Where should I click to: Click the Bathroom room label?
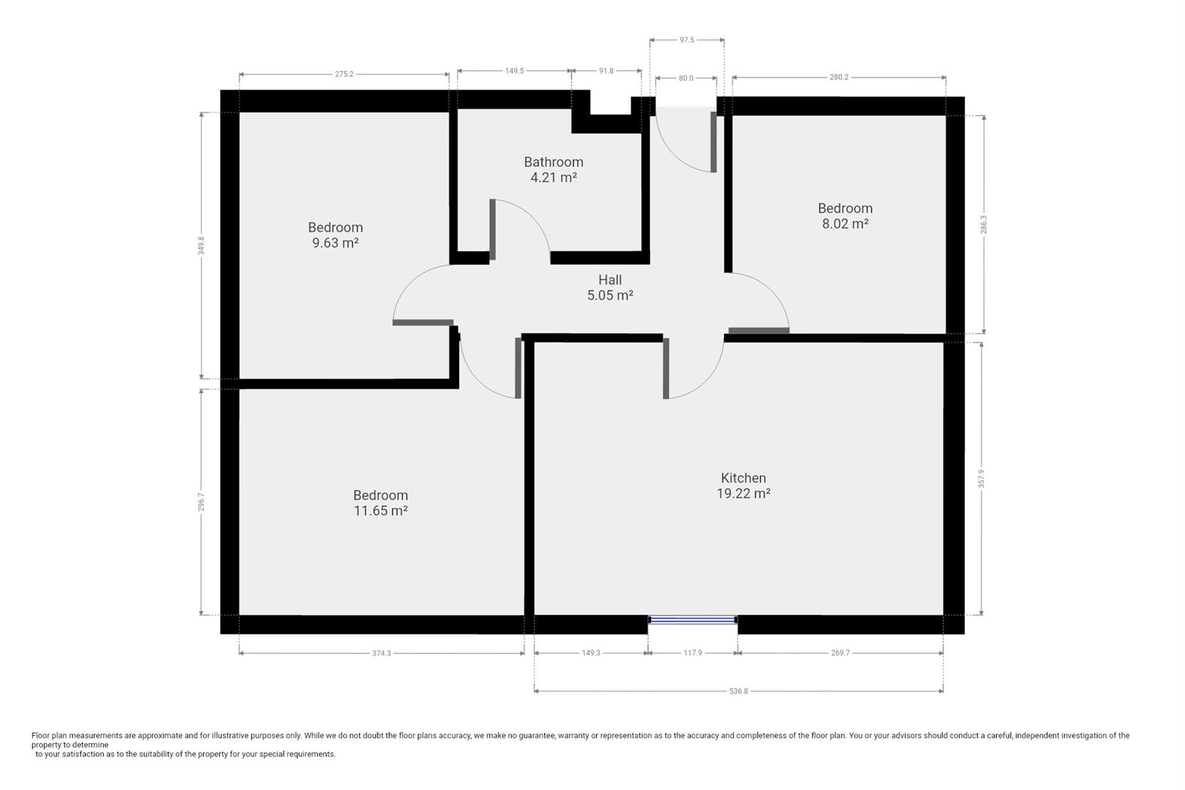point(553,162)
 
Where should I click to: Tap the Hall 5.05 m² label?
point(610,287)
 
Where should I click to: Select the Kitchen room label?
point(743,478)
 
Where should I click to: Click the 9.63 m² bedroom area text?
point(336,243)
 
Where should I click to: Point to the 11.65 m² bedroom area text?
point(380,511)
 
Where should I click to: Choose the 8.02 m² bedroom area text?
point(845,224)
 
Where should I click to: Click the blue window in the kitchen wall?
point(693,619)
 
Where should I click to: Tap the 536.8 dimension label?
point(739,691)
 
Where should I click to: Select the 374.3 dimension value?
point(381,653)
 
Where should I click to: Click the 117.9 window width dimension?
point(693,653)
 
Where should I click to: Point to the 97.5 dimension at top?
point(687,39)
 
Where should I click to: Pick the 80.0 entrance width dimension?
point(685,78)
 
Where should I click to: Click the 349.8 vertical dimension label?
point(201,246)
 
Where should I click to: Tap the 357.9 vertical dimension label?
point(982,478)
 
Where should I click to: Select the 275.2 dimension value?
point(344,74)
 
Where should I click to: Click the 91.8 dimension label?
point(606,71)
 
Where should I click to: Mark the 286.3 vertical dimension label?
point(983,225)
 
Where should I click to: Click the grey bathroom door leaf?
point(492,230)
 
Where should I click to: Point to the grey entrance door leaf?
point(714,142)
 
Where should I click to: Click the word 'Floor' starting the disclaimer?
point(40,735)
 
